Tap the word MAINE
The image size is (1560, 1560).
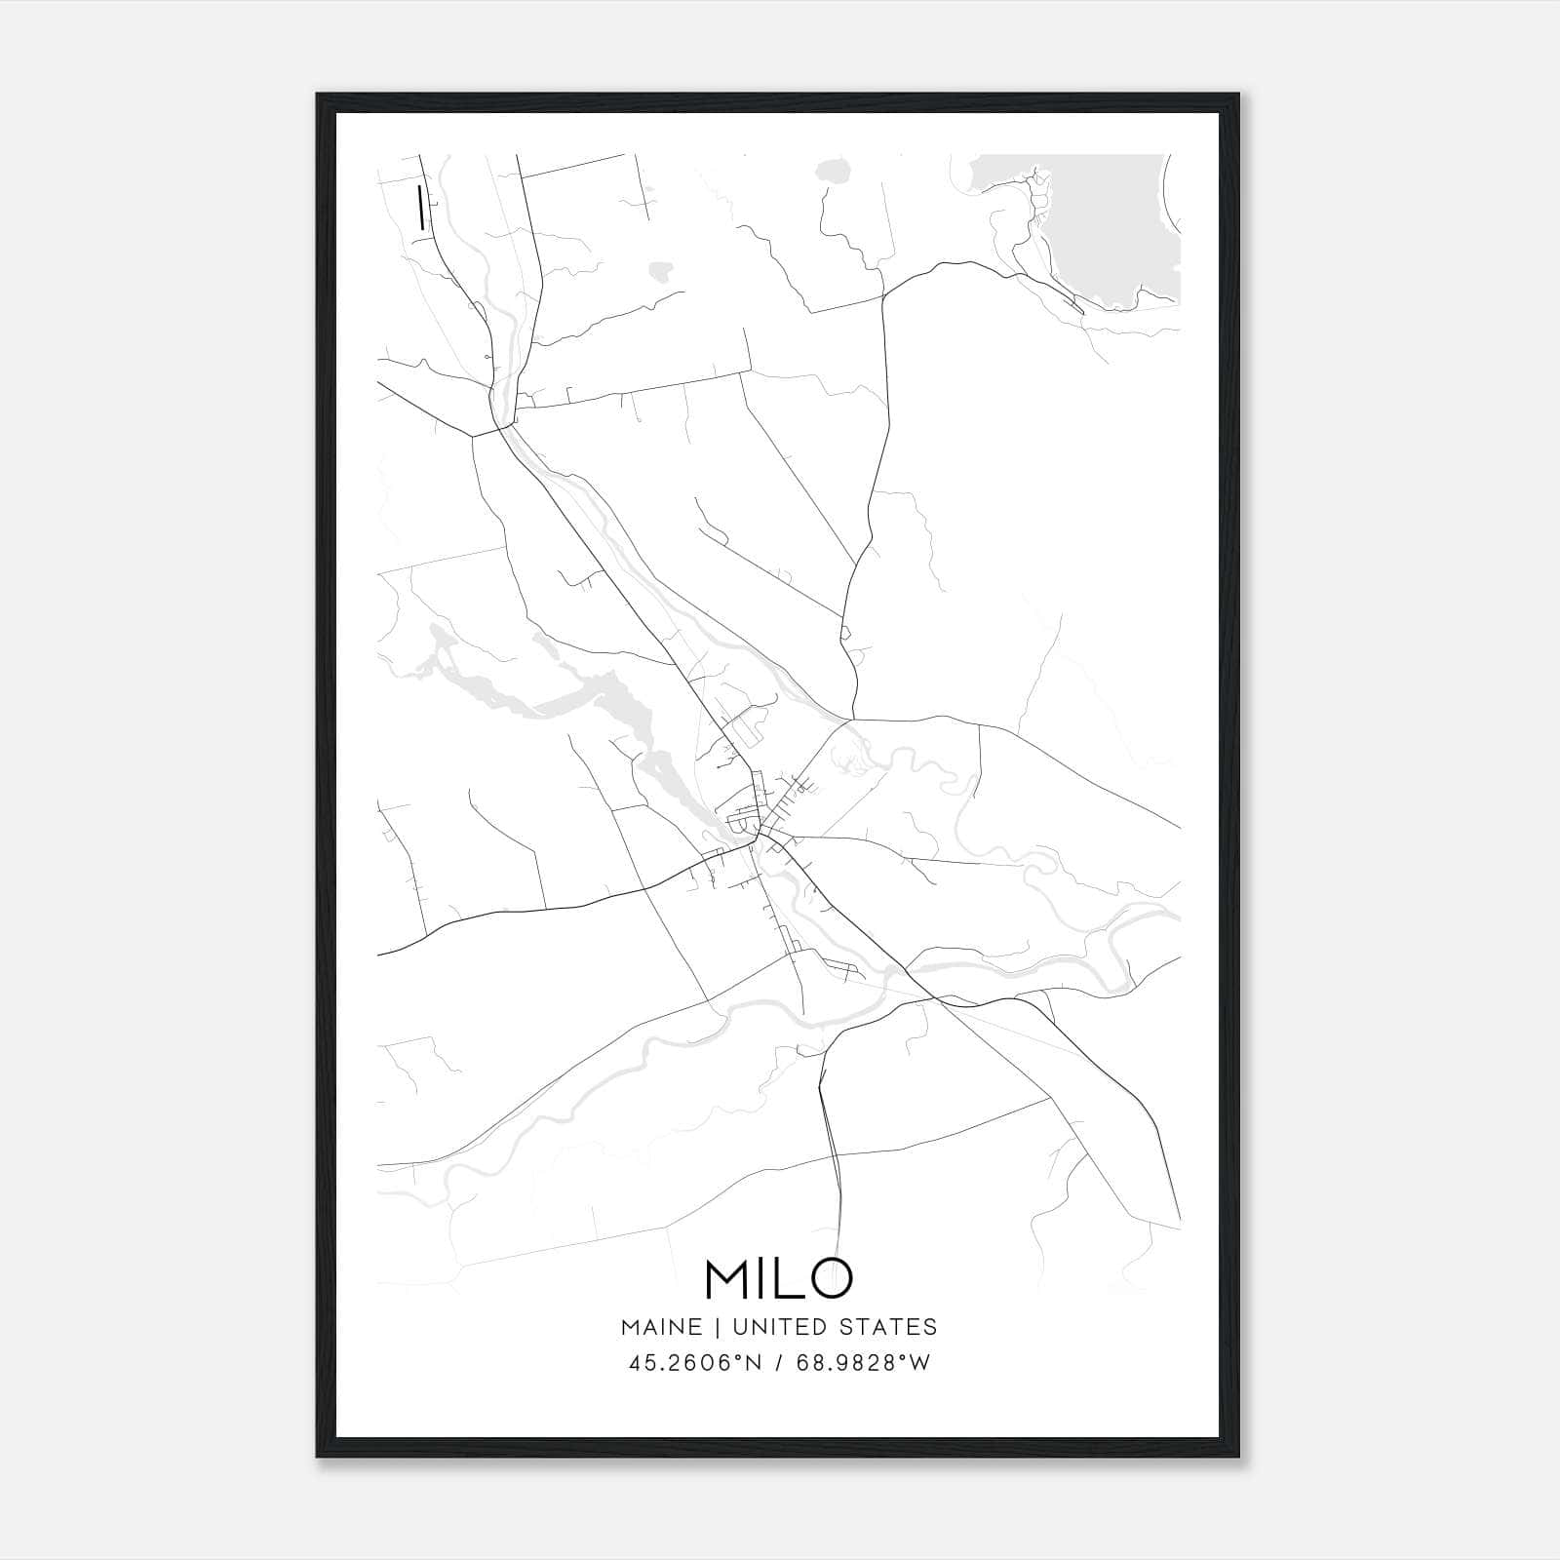pyautogui.click(x=661, y=1327)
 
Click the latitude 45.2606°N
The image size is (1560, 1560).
pyautogui.click(x=695, y=1363)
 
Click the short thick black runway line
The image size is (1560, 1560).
pyautogui.click(x=420, y=208)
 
